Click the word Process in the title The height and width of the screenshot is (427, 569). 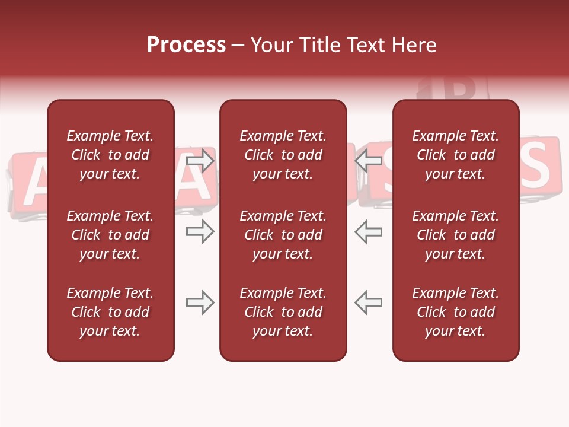click(186, 45)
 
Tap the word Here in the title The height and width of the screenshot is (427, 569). click(413, 45)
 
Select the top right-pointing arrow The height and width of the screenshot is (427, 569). click(200, 160)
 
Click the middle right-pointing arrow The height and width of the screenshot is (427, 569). click(200, 231)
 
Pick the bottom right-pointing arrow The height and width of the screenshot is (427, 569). click(200, 302)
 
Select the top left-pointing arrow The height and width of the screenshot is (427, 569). click(368, 160)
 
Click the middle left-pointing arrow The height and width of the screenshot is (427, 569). click(368, 231)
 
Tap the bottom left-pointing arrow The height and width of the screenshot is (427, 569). click(368, 302)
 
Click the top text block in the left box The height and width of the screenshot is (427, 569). click(110, 155)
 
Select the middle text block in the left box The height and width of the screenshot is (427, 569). click(110, 235)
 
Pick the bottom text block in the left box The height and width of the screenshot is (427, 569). click(110, 312)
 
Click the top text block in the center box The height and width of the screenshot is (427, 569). click(283, 155)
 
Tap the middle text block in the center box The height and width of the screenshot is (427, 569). click(283, 235)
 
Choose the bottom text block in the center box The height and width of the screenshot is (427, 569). click(283, 312)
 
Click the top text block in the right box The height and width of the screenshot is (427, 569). click(455, 155)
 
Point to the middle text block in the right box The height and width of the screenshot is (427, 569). click(455, 235)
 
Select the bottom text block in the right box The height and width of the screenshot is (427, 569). click(455, 312)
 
